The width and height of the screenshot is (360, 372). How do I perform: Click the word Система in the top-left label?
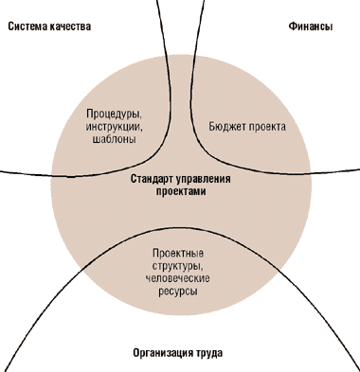(x=27, y=27)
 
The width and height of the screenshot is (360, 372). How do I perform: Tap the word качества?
(x=70, y=27)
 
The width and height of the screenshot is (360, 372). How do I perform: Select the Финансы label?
(x=311, y=27)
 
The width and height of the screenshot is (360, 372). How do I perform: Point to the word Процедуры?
(x=112, y=114)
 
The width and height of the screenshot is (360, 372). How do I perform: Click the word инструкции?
(x=112, y=127)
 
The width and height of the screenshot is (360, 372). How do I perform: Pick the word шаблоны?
(x=115, y=139)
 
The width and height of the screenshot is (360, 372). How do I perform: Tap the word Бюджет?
(x=227, y=127)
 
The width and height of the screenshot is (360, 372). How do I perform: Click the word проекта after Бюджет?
(x=267, y=127)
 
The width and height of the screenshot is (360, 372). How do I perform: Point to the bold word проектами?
(x=181, y=191)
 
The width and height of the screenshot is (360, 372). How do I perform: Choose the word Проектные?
(x=178, y=254)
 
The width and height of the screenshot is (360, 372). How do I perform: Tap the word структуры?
(x=176, y=266)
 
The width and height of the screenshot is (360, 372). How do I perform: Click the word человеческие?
(x=178, y=278)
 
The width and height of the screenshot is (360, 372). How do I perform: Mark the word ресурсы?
(x=178, y=292)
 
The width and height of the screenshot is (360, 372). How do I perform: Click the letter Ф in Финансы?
(x=292, y=27)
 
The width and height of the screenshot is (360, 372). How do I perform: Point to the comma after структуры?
(x=201, y=270)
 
